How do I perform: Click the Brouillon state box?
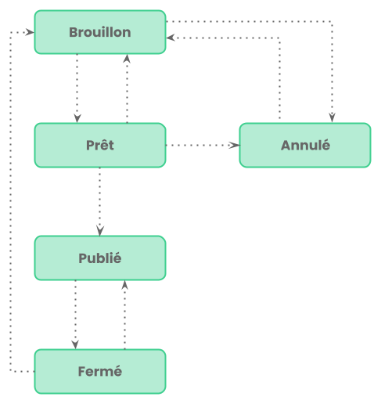(x=100, y=32)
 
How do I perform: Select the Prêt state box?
(x=100, y=145)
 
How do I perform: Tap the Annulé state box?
(x=305, y=145)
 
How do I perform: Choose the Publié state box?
(x=100, y=258)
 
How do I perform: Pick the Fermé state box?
(x=100, y=371)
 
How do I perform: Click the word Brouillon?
(x=100, y=32)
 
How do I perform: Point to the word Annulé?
(x=305, y=145)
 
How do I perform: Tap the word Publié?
(x=100, y=258)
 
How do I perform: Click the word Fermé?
(x=100, y=371)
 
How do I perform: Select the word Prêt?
(x=100, y=145)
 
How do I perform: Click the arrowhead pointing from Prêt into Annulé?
(x=235, y=145)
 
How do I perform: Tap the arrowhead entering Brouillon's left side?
(x=30, y=32)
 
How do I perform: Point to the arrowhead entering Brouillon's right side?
(x=171, y=38)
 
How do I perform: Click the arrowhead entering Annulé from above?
(x=332, y=117)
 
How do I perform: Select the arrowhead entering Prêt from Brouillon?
(x=77, y=118)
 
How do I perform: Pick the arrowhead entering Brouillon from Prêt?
(x=127, y=59)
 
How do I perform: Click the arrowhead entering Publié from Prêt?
(x=100, y=231)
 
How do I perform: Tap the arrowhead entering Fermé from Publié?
(x=75, y=344)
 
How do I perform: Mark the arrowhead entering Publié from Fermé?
(x=125, y=285)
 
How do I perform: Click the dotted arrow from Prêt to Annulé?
(x=203, y=145)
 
